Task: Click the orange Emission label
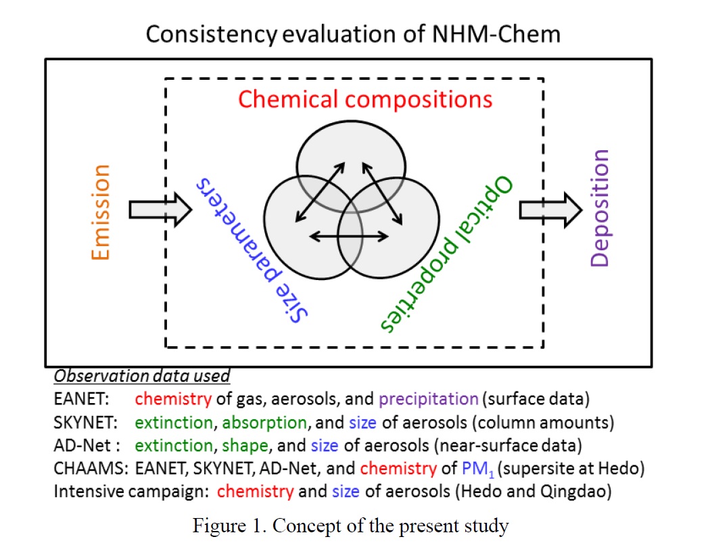[x=100, y=212]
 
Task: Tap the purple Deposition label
[x=600, y=208]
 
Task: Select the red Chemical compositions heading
[x=365, y=99]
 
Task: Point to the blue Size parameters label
[x=252, y=250]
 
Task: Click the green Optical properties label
[x=446, y=254]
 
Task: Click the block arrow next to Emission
[x=161, y=210]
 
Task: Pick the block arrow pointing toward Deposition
[x=550, y=210]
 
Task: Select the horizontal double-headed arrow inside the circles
[x=349, y=236]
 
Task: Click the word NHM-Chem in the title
[x=496, y=34]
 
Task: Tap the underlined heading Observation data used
[x=142, y=376]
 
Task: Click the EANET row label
[x=81, y=399]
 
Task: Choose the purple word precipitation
[x=429, y=400]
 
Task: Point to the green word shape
[x=245, y=446]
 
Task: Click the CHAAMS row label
[x=91, y=469]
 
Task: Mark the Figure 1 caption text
[x=351, y=526]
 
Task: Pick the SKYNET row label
[x=85, y=423]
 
